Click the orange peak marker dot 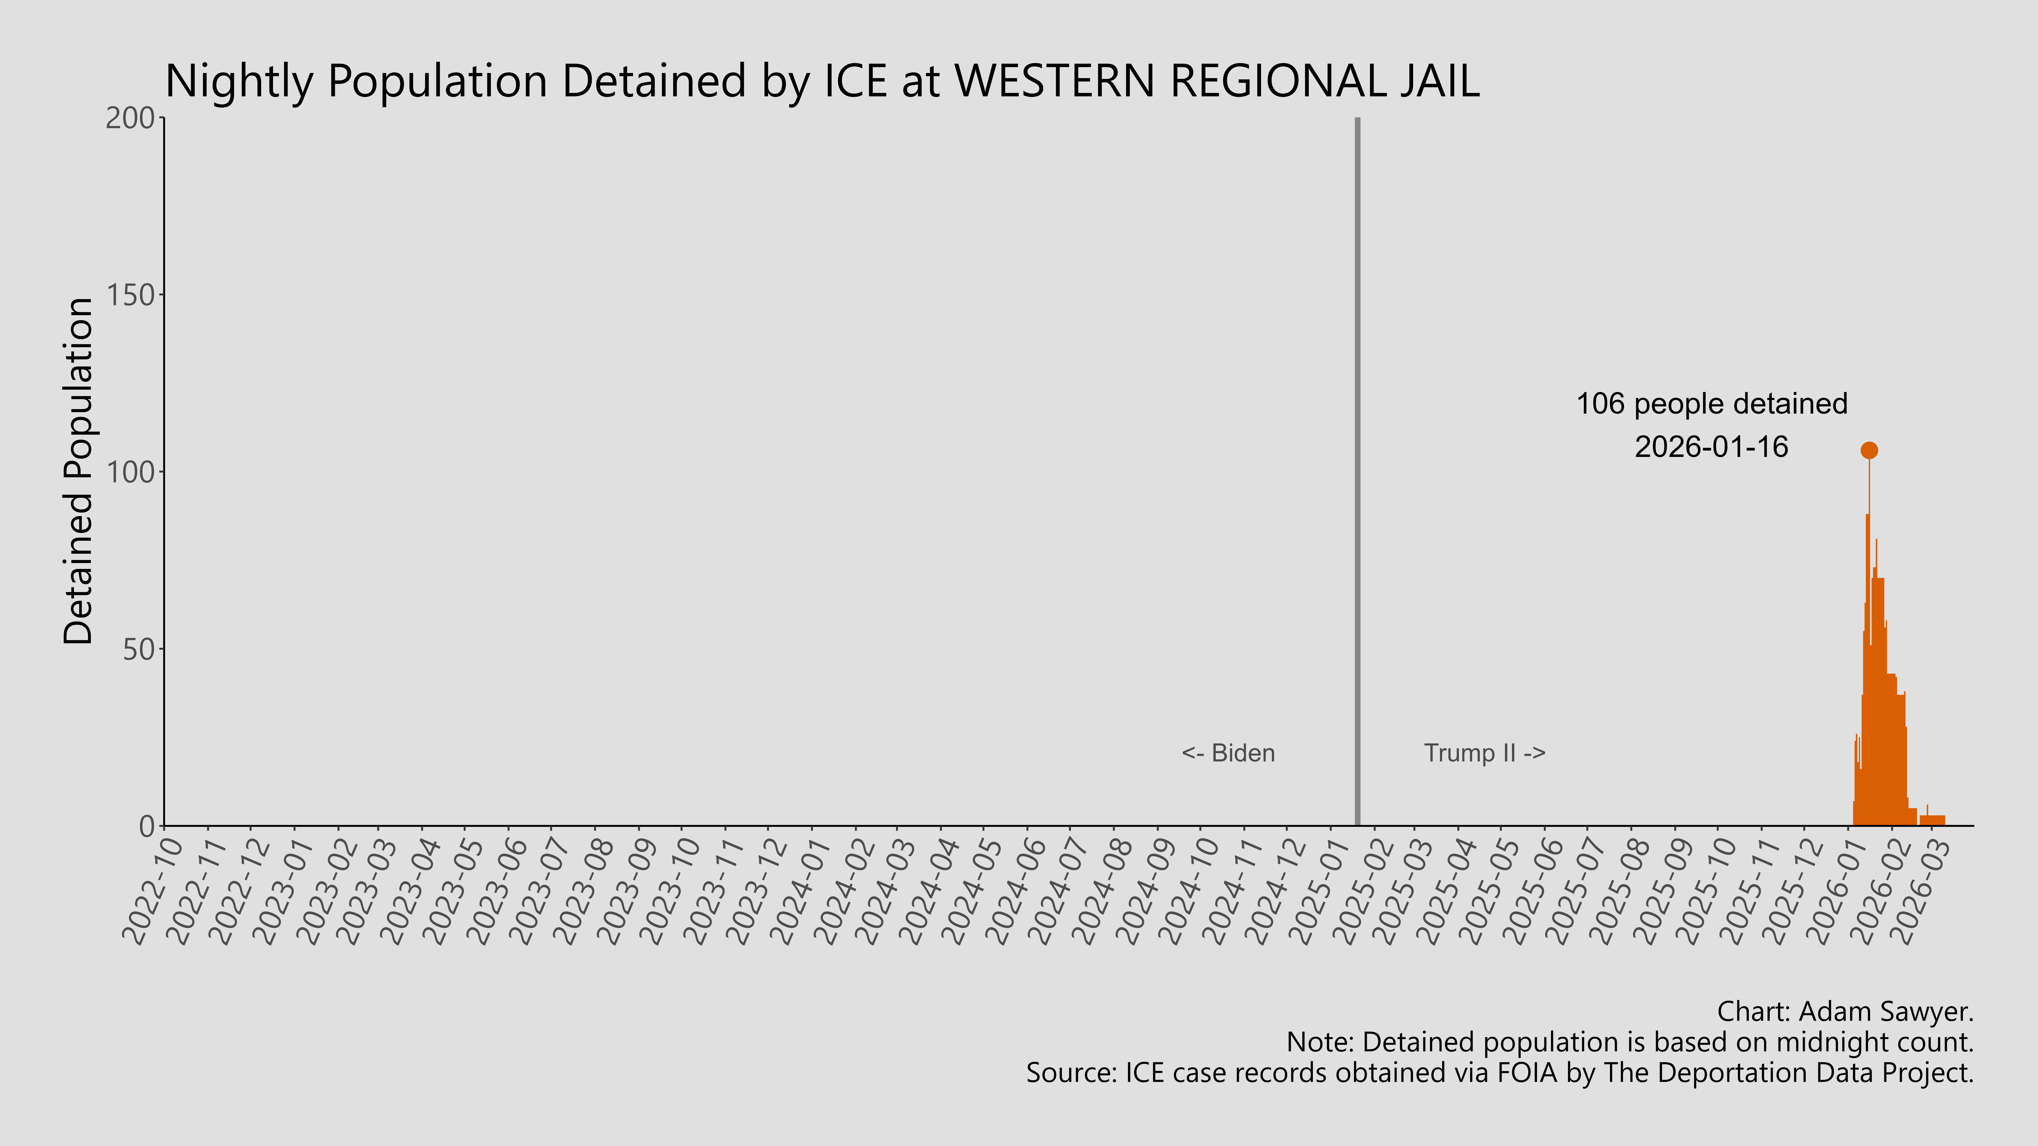[x=1869, y=450]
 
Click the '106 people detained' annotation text [x=1711, y=404]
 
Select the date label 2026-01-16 [x=1711, y=447]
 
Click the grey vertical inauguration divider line [x=1358, y=475]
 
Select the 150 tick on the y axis [x=131, y=295]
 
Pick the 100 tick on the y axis [x=131, y=472]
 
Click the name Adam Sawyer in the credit [x=1885, y=1011]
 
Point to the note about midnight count [x=1630, y=1042]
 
